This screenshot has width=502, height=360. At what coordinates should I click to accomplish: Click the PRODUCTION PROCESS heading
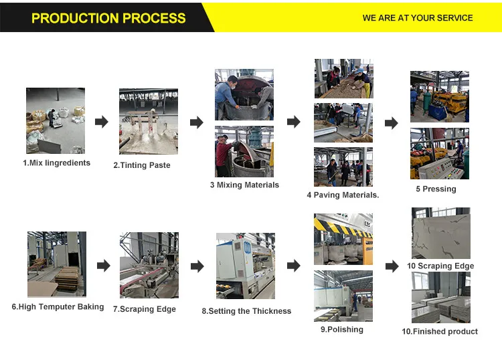(108, 18)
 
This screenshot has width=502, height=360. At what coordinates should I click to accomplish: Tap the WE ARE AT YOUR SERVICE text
(418, 18)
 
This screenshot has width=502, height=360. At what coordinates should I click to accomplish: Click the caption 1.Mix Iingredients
(56, 163)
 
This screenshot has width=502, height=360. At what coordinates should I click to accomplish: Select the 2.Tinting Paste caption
(142, 165)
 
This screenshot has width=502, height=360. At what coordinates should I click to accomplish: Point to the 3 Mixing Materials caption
(244, 185)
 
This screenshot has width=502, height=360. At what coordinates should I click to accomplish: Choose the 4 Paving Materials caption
(343, 195)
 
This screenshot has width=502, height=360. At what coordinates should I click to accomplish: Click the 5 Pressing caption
(436, 189)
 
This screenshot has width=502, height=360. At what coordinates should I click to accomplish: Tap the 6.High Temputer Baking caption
(58, 306)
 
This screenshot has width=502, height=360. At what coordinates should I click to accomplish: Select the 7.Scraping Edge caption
(145, 309)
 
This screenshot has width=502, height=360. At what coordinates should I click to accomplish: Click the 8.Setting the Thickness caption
(246, 310)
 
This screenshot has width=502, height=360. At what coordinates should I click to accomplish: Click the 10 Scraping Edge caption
(440, 266)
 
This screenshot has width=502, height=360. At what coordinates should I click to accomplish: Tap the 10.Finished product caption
(440, 331)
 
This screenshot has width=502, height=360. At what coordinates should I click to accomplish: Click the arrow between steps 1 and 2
(101, 122)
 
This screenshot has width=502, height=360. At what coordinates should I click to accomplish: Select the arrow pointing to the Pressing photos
(391, 122)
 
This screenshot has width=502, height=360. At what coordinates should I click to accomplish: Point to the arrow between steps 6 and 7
(103, 266)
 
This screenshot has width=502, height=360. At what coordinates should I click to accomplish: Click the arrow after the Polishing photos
(392, 266)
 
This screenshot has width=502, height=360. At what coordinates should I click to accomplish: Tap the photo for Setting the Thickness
(245, 266)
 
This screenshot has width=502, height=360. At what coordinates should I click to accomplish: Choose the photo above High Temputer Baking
(57, 264)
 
